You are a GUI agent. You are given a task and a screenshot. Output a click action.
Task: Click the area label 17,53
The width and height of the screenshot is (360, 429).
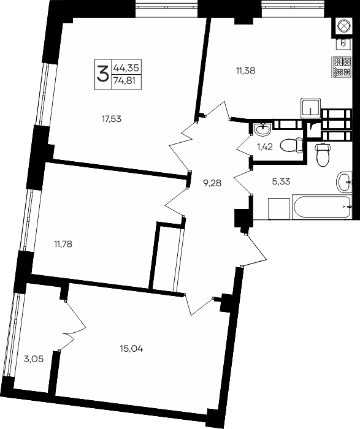(x=112, y=119)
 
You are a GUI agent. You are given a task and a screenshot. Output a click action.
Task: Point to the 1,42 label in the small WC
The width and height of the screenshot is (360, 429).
(x=264, y=147)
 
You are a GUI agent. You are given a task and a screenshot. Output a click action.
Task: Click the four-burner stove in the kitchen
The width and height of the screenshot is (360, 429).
(x=340, y=66)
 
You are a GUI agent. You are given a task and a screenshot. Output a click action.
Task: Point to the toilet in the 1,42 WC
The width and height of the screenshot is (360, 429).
(x=290, y=146)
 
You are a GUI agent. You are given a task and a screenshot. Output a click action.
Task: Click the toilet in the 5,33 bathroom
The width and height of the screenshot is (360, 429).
(x=321, y=156)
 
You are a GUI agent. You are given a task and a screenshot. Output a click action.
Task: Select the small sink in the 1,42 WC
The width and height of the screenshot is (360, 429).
(x=264, y=130)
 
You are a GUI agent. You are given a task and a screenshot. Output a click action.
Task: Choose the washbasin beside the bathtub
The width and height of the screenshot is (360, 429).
(x=345, y=181)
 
